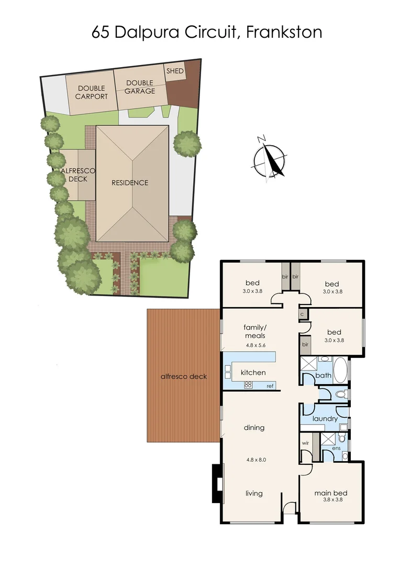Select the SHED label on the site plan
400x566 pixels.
175,71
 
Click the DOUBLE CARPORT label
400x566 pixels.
92,92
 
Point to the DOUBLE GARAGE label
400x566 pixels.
140,87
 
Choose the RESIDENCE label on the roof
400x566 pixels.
130,183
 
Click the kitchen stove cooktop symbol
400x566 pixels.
248,384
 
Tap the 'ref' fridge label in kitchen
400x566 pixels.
270,386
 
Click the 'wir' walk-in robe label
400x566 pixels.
306,443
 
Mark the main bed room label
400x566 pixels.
331,493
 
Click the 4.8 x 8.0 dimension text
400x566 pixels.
256,460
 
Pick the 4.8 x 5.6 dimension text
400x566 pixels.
255,345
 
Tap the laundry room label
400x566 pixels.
325,419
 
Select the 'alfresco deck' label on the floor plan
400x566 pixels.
183,376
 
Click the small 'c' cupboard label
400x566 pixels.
303,314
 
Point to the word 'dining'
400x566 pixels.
254,428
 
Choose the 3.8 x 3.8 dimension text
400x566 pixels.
331,500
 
